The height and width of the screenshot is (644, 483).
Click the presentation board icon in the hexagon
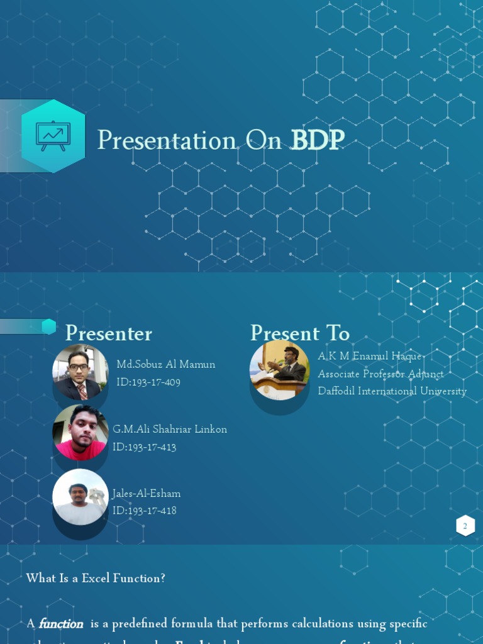pyautogui.click(x=53, y=135)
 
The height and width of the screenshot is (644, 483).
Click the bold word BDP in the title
pyautogui.click(x=317, y=140)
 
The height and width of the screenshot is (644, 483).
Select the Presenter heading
pyautogui.click(x=108, y=333)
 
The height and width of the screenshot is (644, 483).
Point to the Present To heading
pyautogui.click(x=299, y=333)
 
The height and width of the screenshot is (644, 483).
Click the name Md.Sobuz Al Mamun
pyautogui.click(x=165, y=364)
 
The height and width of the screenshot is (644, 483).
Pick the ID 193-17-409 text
pyautogui.click(x=148, y=382)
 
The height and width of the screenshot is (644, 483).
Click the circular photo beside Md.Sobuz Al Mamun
pyautogui.click(x=80, y=372)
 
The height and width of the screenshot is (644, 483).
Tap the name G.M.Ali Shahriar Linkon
pyautogui.click(x=170, y=429)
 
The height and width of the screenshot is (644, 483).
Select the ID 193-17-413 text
pyautogui.click(x=144, y=447)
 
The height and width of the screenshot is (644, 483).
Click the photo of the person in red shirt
pyautogui.click(x=80, y=433)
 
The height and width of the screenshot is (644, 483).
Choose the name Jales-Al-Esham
pyautogui.click(x=146, y=493)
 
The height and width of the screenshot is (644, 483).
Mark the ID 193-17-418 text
pyautogui.click(x=144, y=510)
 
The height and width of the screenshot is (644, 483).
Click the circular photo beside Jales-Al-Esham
pyautogui.click(x=80, y=497)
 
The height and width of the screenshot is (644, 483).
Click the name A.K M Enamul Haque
pyautogui.click(x=370, y=357)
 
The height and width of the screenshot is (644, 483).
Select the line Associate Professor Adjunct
pyautogui.click(x=380, y=374)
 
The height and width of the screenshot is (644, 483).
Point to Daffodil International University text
pyautogui.click(x=392, y=391)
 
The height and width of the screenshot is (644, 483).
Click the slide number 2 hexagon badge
pyautogui.click(x=465, y=526)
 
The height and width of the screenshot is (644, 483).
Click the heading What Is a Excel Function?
pyautogui.click(x=96, y=578)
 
